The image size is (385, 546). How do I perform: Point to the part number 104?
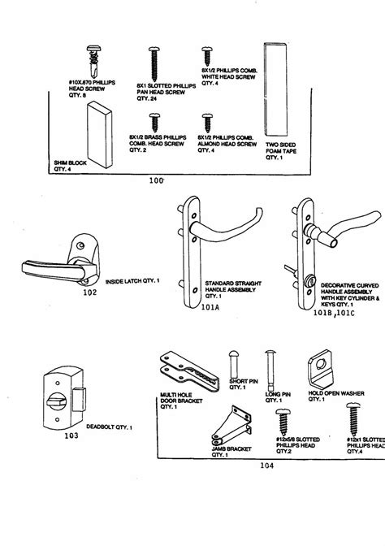(x=266, y=466)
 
